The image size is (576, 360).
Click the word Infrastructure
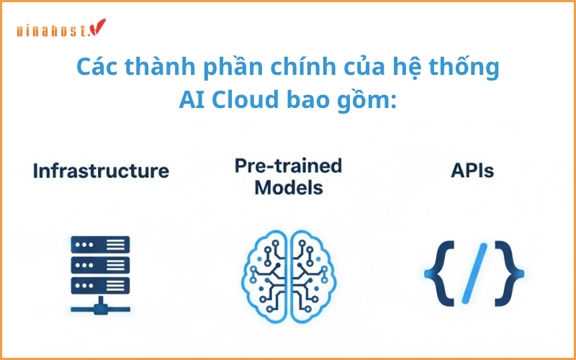[x=101, y=171]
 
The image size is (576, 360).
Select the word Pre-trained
[x=288, y=166]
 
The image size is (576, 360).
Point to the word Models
[x=288, y=188]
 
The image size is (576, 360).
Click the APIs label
[x=473, y=171]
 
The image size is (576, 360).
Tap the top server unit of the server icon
[x=100, y=244]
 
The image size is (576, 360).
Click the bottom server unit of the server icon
[x=100, y=284]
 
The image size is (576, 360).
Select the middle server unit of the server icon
[x=100, y=264]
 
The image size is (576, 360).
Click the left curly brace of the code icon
[x=438, y=274]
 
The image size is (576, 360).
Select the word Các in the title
[x=96, y=68]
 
